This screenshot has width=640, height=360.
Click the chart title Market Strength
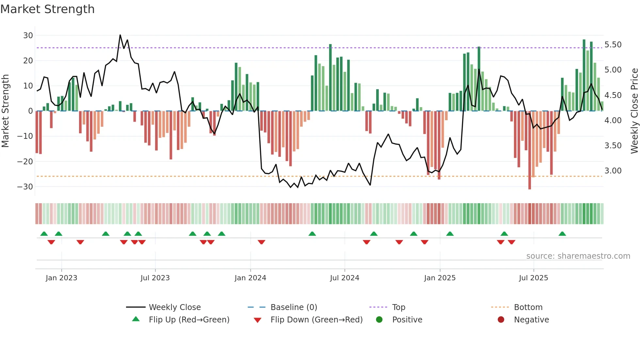point(47,9)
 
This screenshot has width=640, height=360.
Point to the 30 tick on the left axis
point(28,35)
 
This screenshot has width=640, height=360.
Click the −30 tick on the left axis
point(25,187)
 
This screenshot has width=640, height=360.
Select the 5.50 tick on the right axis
point(613,45)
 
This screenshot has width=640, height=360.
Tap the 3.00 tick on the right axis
point(613,171)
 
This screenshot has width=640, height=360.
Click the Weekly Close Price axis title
point(634,111)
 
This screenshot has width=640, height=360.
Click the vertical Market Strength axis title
point(5,111)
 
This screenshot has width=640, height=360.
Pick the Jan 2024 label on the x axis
point(250,278)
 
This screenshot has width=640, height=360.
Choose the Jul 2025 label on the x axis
point(533,278)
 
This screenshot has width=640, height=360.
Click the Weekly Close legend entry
point(174,307)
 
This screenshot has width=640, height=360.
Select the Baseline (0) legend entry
point(294,307)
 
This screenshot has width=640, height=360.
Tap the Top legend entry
point(398,307)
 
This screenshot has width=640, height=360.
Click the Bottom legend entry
point(528,307)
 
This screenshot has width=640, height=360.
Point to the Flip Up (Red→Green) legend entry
point(189,320)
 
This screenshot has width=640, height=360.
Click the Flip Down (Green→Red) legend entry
point(316,320)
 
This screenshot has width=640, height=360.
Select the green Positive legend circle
point(379,320)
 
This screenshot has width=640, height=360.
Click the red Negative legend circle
point(501,320)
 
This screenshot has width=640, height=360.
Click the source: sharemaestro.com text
point(578,256)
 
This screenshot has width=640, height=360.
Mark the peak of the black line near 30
point(120,35)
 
